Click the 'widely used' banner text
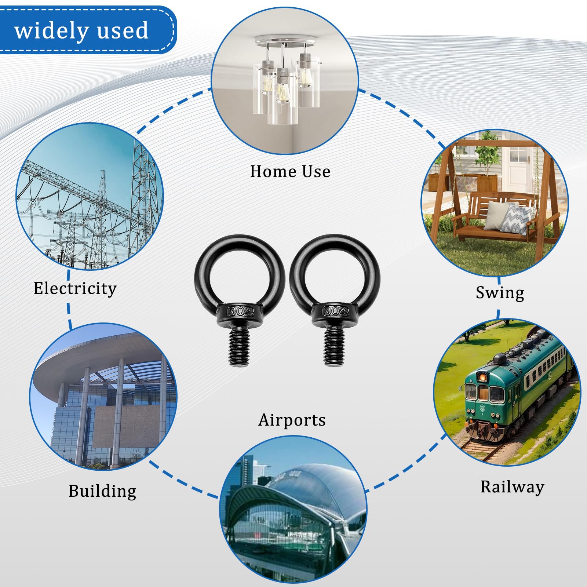click(x=81, y=30)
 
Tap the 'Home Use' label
click(x=290, y=171)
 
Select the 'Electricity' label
click(x=75, y=288)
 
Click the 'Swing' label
click(x=500, y=293)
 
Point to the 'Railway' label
click(x=512, y=487)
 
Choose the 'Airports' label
click(x=292, y=420)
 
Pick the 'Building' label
click(x=102, y=491)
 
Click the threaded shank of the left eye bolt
click(x=239, y=346)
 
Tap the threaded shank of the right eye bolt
click(x=334, y=346)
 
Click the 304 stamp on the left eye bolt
click(x=240, y=311)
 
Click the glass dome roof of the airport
click(x=312, y=484)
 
